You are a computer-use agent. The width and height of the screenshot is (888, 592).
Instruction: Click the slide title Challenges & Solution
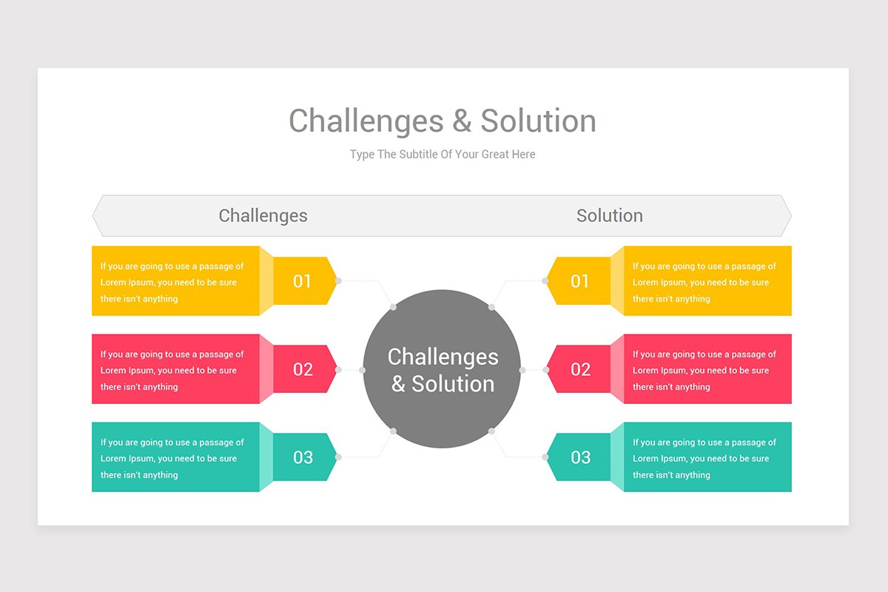click(x=443, y=121)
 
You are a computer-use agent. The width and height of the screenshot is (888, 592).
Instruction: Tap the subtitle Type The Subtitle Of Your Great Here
click(x=443, y=155)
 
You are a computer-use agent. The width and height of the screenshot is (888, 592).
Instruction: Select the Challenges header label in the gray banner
click(x=263, y=216)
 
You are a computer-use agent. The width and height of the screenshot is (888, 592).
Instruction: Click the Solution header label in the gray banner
click(x=609, y=216)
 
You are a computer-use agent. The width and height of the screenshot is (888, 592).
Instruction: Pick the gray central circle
click(x=443, y=369)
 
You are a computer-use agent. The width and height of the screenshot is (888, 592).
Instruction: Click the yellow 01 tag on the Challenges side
click(x=303, y=281)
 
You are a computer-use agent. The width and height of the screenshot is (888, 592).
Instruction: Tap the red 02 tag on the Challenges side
click(x=303, y=369)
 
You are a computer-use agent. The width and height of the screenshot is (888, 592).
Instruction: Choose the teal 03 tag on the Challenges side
click(x=303, y=457)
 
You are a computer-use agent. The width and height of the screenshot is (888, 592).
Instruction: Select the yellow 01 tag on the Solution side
click(x=579, y=281)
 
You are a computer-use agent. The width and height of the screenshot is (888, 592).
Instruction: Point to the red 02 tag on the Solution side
click(x=579, y=369)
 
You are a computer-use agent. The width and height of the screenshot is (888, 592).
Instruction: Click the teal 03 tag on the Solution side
click(x=579, y=457)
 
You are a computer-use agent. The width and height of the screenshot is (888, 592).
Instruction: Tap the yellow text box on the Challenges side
click(x=175, y=281)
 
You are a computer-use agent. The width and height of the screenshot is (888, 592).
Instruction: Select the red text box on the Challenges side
click(x=175, y=369)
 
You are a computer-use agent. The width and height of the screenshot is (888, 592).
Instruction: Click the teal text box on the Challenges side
click(x=175, y=457)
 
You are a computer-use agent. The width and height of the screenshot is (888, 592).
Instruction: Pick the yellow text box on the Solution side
click(x=707, y=281)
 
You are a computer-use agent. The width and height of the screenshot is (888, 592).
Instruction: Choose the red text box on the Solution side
click(x=707, y=369)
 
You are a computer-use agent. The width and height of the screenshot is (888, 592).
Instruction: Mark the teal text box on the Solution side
click(x=707, y=457)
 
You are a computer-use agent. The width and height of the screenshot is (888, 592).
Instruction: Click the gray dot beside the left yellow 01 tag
click(x=338, y=281)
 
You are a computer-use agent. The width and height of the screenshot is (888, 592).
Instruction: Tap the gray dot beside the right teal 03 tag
click(x=545, y=457)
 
